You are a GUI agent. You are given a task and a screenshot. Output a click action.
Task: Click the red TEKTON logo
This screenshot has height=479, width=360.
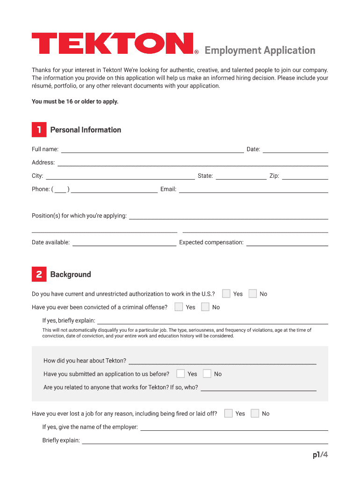pos(112,43)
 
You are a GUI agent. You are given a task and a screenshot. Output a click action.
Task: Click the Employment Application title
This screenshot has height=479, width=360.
pos(260,51)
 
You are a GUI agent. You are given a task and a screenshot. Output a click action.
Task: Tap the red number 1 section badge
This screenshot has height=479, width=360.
pos(39,130)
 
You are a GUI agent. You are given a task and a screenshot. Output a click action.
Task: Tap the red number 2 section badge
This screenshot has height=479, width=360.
pos(39,274)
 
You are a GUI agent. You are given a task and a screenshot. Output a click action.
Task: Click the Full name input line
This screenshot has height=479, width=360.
pos(152,150)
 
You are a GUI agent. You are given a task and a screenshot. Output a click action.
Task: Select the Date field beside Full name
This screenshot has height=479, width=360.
pos(295,150)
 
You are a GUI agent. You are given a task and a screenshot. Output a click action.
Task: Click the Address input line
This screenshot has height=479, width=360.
pos(192,163)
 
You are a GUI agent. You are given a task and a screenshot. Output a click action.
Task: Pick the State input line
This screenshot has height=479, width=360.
pos(241,176)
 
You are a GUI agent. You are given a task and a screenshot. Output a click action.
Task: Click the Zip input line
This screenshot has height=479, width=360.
pos(305,176)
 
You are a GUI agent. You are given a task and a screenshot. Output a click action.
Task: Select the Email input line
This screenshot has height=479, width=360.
pos(253,189)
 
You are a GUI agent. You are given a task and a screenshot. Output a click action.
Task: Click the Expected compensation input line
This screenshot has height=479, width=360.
pos(287,243)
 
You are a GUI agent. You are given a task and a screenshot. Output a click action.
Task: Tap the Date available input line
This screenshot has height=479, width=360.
pos(124,243)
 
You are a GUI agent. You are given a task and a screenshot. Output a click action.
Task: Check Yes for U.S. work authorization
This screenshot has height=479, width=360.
pos(226,294)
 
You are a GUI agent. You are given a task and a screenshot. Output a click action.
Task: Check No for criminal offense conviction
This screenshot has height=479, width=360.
pos(205,307)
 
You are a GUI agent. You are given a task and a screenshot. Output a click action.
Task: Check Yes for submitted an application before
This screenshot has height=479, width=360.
pos(180,374)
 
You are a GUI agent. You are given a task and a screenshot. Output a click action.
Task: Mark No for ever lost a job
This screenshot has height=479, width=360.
pos(255,414)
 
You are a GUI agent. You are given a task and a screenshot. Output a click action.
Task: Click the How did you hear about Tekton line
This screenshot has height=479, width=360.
pos(222,361)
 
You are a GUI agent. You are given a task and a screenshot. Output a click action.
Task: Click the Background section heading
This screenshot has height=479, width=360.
pos(71,275)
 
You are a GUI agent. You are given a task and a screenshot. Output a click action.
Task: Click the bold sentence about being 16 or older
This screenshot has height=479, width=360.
pos(75,101)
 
